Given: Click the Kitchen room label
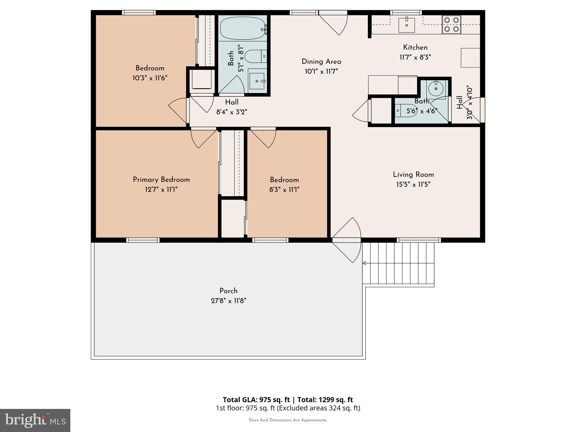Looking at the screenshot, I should (415, 48).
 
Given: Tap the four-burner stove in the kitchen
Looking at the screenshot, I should (451, 24).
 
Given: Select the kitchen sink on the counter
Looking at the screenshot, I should (406, 25).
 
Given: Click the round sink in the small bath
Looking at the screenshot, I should (436, 89).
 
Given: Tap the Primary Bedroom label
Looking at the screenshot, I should (161, 180).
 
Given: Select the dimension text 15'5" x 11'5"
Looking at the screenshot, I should (413, 184).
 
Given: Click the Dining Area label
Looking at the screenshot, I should (321, 62).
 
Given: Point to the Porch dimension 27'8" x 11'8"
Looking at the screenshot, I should (228, 301).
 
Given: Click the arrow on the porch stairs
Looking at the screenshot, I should (364, 263).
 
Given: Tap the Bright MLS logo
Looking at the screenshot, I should (35, 420).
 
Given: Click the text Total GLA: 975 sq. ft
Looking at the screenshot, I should (256, 400).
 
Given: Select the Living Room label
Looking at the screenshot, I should (413, 175).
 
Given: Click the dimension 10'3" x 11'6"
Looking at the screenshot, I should (150, 78).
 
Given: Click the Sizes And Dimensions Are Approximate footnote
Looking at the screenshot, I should (288, 420).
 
